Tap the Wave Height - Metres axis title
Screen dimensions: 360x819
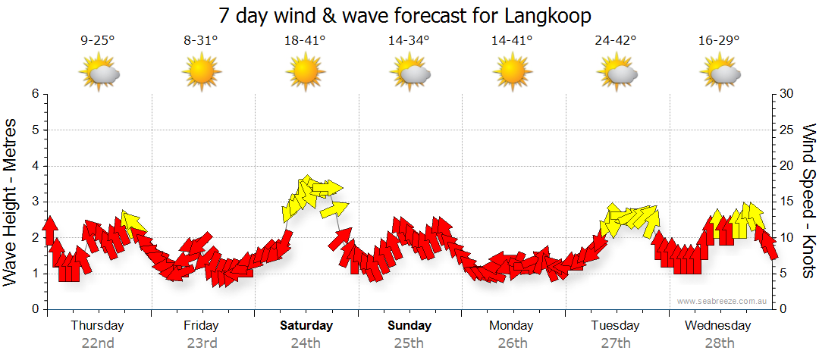coord(11,202)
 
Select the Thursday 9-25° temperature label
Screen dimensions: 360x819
coord(97,41)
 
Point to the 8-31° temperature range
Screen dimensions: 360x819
coord(201,41)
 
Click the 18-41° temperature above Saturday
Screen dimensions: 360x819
coord(305,41)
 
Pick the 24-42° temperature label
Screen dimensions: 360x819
coord(616,41)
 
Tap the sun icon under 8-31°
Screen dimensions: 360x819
coord(201,73)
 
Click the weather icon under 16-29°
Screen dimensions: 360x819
coord(720,73)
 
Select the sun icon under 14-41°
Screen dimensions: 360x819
coord(512,73)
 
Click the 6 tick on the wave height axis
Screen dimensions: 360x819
coord(34,94)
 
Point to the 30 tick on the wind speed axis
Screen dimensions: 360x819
coord(786,94)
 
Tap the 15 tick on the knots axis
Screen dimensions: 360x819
coord(786,202)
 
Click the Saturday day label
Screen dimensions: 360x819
coord(306,326)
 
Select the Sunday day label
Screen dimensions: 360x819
coord(409,326)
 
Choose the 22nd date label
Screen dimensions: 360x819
coord(98,343)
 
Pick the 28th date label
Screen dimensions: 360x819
coord(720,343)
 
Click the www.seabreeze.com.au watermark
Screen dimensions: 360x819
coord(723,301)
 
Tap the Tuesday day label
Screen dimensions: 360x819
coord(616,326)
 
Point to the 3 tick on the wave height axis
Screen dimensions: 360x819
coord(34,202)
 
